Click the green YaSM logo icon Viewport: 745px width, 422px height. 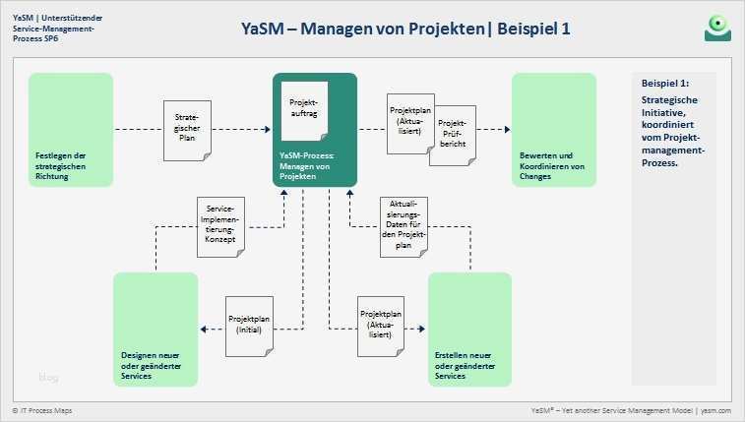(717, 28)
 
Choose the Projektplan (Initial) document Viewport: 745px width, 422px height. (249, 326)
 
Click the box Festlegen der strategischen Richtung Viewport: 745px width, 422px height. (72, 128)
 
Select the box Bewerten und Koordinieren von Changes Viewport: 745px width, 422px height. (553, 128)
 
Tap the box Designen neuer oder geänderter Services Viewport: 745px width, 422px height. (155, 327)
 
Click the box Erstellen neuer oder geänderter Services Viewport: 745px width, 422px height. (469, 327)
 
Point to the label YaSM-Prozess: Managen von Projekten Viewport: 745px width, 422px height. (313, 160)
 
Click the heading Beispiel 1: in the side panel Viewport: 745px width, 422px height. (664, 85)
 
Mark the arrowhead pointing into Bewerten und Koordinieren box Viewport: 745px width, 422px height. (508, 128)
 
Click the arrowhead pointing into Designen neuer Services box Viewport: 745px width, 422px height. (203, 330)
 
